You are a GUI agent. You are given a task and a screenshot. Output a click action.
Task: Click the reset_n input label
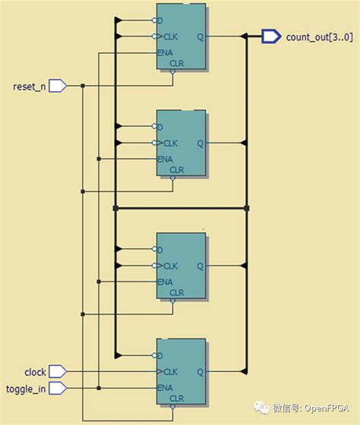click(x=30, y=87)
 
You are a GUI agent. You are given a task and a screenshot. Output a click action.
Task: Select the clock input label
click(x=35, y=372)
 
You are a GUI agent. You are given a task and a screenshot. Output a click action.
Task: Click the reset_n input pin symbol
click(x=58, y=87)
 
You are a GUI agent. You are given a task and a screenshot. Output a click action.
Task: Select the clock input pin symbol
click(x=58, y=372)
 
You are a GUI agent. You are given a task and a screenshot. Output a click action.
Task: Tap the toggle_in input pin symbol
click(x=58, y=388)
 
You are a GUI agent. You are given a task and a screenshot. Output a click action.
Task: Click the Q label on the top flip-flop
click(x=200, y=36)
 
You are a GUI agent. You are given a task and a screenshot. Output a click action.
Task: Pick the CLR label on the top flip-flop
click(x=176, y=63)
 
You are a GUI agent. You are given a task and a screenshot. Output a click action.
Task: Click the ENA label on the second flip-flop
click(x=165, y=159)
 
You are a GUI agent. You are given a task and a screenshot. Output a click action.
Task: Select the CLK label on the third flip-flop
click(x=170, y=266)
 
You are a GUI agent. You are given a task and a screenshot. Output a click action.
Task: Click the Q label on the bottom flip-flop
click(x=200, y=372)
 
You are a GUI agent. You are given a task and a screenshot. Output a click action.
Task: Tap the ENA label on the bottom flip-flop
click(x=165, y=388)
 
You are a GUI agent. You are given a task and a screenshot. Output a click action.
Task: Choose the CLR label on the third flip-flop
click(x=176, y=292)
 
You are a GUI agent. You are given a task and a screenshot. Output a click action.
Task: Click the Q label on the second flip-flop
click(x=200, y=143)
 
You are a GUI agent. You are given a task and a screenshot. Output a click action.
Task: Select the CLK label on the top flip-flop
click(x=170, y=36)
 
